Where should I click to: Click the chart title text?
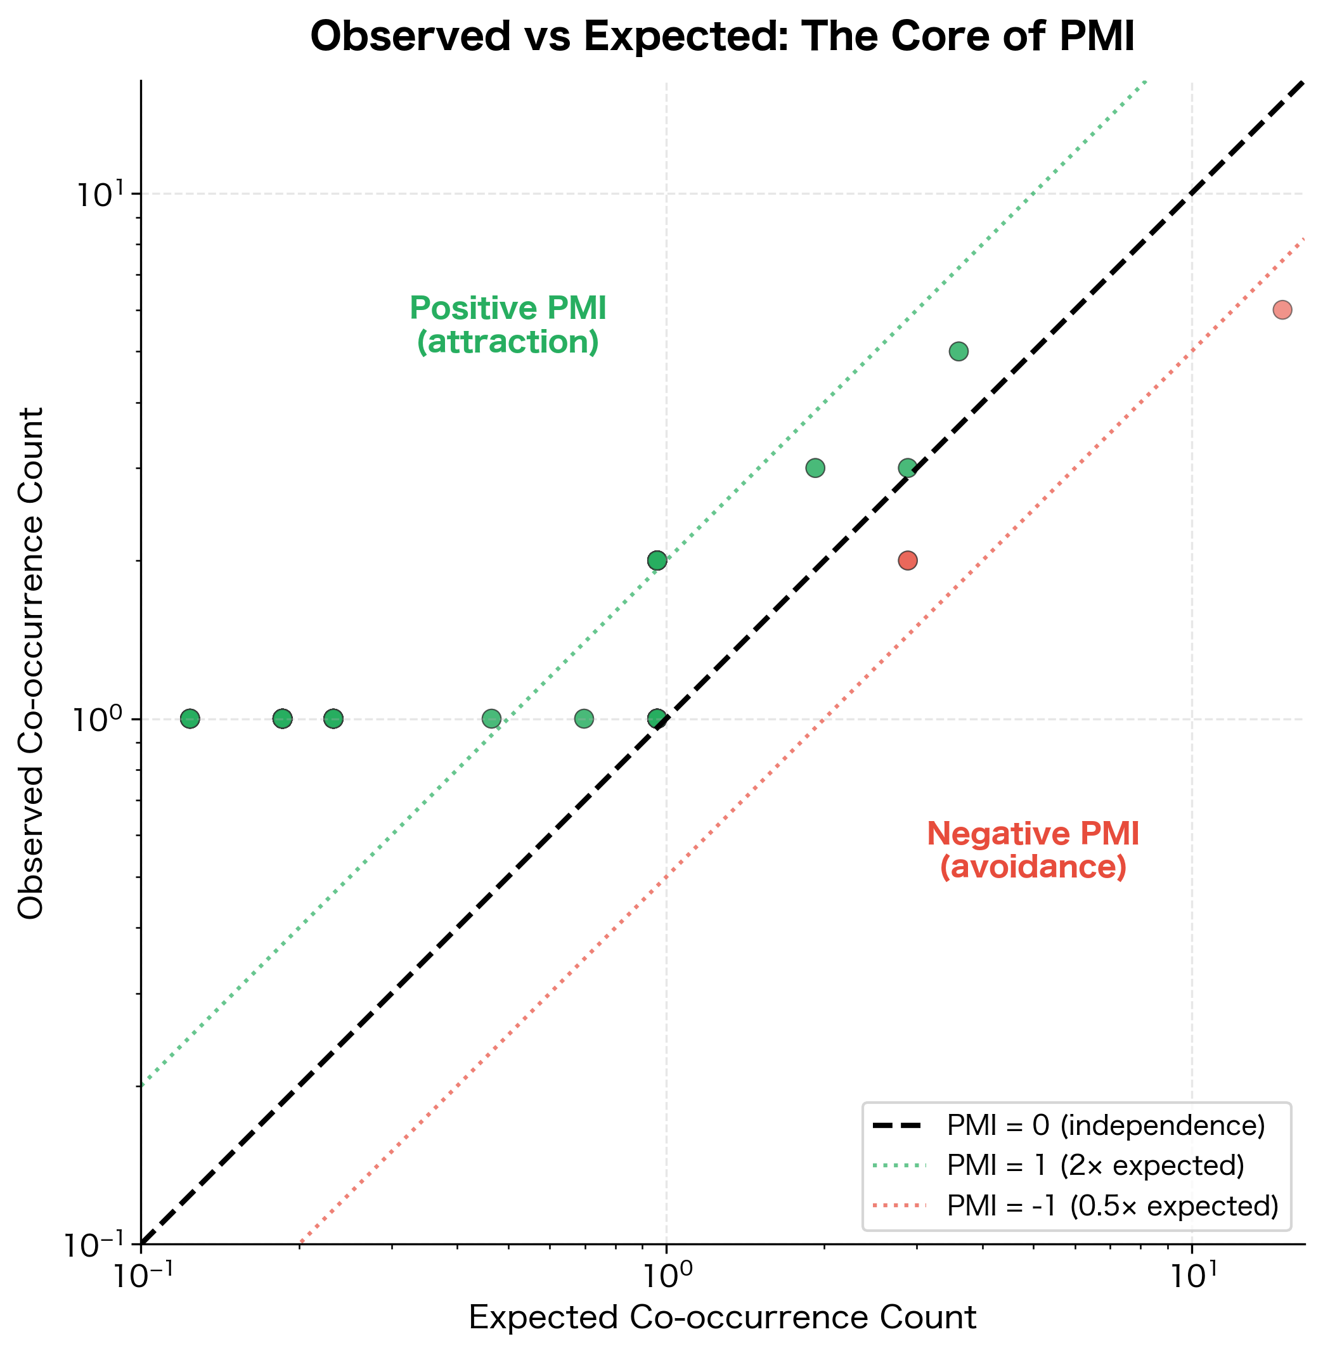coord(722,36)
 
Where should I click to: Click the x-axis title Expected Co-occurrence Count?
coord(722,1317)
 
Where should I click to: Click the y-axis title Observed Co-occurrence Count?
coord(30,664)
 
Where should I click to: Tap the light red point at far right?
coord(1282,310)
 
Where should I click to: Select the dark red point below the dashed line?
coord(908,560)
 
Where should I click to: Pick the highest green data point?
coord(958,352)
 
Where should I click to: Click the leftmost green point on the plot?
coord(190,718)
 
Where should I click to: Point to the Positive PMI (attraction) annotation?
coord(508,325)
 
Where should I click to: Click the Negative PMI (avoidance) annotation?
coord(1033,850)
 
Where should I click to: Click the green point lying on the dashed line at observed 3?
coord(908,468)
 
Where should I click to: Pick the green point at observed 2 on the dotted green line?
coord(657,560)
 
